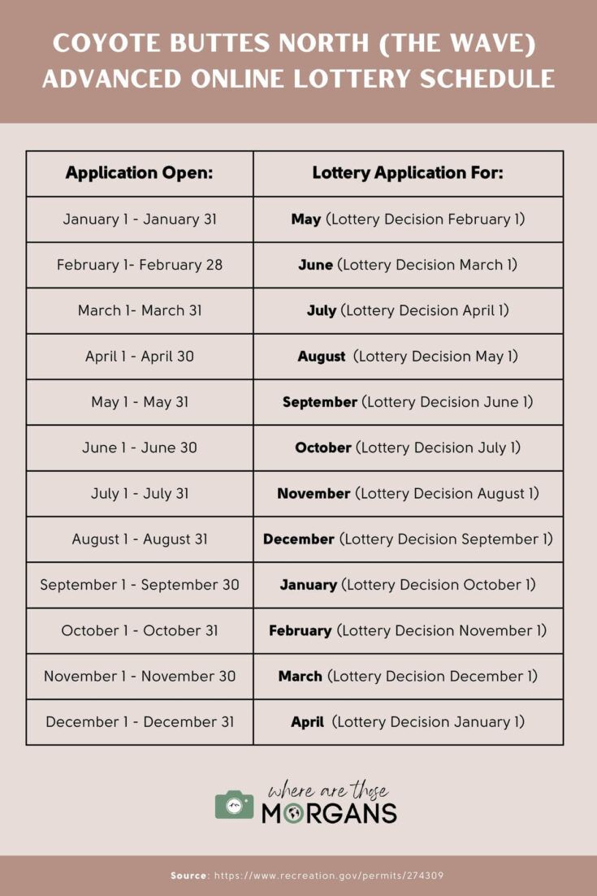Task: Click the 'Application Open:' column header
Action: pyautogui.click(x=139, y=173)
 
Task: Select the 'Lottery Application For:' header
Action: pyautogui.click(x=408, y=173)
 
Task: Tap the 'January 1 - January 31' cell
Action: pyautogui.click(x=139, y=219)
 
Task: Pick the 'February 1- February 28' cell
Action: pyautogui.click(x=139, y=265)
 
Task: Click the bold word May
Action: pyautogui.click(x=306, y=219)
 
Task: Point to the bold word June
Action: pyautogui.click(x=315, y=265)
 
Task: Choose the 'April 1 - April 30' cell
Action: pyautogui.click(x=139, y=356)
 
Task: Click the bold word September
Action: pyautogui.click(x=320, y=402)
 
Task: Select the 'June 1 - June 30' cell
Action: pyautogui.click(x=139, y=448)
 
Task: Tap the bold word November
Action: pyautogui.click(x=314, y=493)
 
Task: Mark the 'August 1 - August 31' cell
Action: pyautogui.click(x=139, y=539)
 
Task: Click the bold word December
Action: pyautogui.click(x=299, y=539)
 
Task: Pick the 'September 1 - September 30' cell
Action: pyautogui.click(x=139, y=585)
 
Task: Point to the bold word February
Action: pyautogui.click(x=301, y=630)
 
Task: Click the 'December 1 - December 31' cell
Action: pyautogui.click(x=139, y=722)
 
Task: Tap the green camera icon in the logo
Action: pyautogui.click(x=234, y=804)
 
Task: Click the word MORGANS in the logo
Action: pyautogui.click(x=329, y=812)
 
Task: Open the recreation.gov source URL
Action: pyautogui.click(x=329, y=876)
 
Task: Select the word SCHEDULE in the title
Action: pyautogui.click(x=492, y=79)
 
